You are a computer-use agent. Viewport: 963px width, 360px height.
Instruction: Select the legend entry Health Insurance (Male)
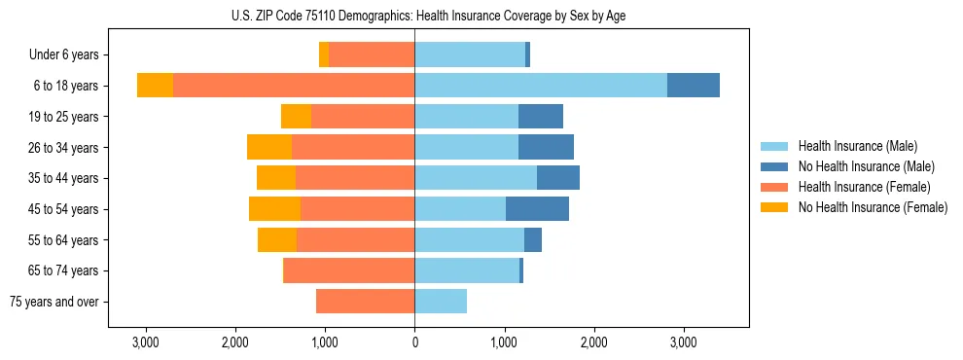point(857,146)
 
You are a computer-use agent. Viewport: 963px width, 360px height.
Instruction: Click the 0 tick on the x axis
point(414,342)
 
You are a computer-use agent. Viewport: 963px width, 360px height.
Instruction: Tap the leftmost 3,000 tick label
point(145,342)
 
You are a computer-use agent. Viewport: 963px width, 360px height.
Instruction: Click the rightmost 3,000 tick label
point(683,342)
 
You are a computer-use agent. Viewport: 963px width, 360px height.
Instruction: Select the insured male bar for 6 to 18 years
point(541,86)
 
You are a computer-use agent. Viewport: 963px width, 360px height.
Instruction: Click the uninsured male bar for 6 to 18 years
point(694,86)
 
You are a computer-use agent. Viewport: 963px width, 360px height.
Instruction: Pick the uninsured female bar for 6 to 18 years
point(155,86)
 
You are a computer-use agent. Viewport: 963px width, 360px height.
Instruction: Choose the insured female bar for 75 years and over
point(365,302)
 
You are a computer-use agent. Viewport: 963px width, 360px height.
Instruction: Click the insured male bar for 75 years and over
point(441,302)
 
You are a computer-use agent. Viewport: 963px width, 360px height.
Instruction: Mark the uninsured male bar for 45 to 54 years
point(537,209)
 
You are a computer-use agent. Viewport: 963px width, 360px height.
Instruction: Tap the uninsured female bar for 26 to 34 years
point(269,147)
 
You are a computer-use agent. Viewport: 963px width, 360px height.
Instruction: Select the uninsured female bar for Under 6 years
point(324,55)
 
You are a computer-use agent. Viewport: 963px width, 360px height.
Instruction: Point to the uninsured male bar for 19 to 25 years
point(541,117)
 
